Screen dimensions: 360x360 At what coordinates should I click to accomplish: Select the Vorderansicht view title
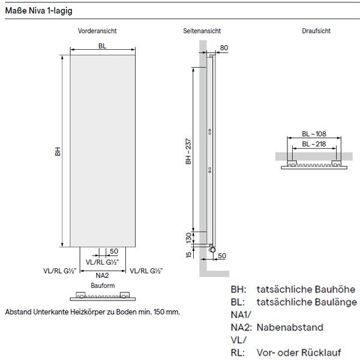click(97, 31)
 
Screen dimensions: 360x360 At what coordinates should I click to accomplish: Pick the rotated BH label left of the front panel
click(58, 153)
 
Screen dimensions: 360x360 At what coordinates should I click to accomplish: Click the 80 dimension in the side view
click(224, 47)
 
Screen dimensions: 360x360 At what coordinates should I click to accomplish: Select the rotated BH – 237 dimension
click(188, 149)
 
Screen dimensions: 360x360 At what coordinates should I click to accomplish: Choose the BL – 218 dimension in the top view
click(314, 145)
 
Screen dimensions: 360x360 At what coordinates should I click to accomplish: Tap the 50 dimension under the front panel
click(113, 250)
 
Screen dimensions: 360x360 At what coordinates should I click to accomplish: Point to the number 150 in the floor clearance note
click(155, 313)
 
